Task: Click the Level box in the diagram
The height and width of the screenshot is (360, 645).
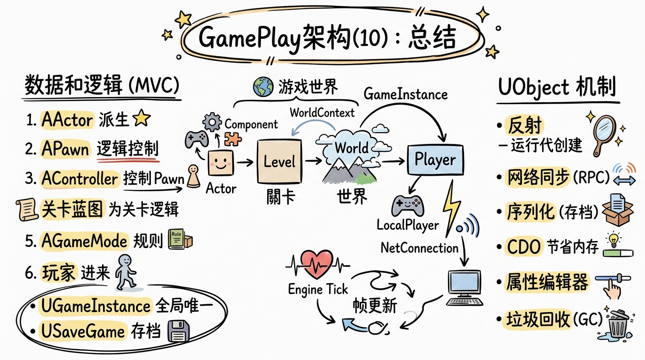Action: coord(279,162)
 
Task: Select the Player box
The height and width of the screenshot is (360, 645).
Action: coord(435,160)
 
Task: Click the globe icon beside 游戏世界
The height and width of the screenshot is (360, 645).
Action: coord(262,87)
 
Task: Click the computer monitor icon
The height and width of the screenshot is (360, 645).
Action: coord(464,287)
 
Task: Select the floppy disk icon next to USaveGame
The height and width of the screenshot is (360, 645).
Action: coord(179,333)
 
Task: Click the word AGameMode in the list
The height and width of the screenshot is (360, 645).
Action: coord(84,241)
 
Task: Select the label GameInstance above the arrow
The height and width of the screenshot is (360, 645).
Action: coord(406,94)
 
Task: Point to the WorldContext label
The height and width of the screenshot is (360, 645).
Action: coord(322,112)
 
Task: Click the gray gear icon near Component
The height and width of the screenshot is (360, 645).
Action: coord(214,122)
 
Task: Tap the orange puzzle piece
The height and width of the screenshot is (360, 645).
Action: coord(233,139)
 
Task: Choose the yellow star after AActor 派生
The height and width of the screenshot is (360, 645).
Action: coord(141,120)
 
